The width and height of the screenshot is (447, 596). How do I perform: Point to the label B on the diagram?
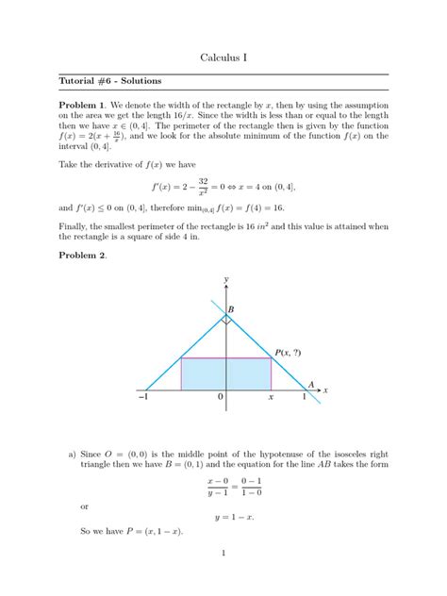coord(231,308)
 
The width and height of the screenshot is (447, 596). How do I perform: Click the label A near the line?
coord(310,384)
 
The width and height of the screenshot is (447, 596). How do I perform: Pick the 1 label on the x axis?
coord(304,399)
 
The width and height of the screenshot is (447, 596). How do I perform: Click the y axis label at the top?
coord(226,280)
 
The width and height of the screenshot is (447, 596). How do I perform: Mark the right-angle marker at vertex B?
coord(226,320)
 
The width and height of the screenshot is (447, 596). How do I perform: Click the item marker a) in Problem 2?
coord(72,454)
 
